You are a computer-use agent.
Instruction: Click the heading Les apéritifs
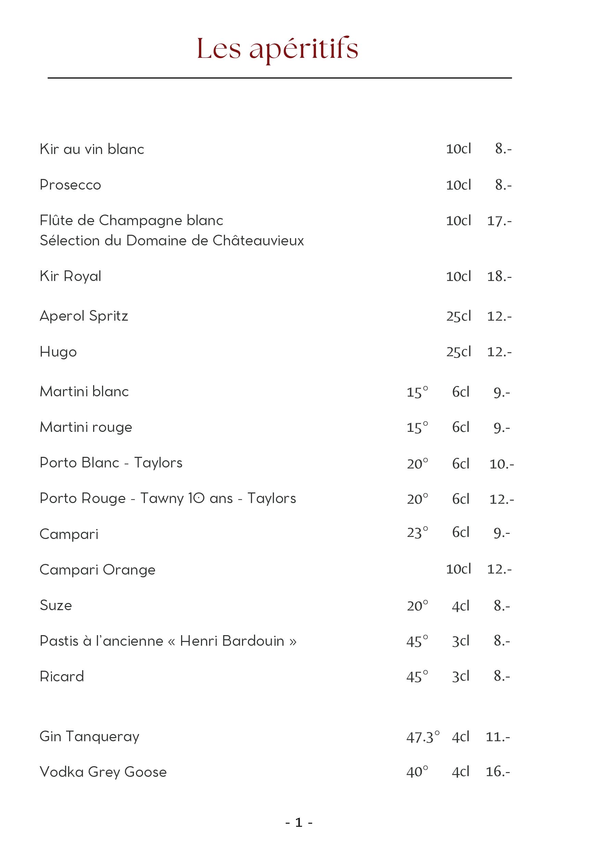[277, 49]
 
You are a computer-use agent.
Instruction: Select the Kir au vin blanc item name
[92, 149]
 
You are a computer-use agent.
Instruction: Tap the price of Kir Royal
[499, 276]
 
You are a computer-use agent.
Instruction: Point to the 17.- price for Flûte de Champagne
[499, 221]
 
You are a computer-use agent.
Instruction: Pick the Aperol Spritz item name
[84, 316]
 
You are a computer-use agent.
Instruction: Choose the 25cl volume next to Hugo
[459, 352]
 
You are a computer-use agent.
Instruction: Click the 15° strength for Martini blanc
[417, 391]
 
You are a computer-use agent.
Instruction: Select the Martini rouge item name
[86, 427]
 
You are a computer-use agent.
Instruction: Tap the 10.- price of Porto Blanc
[501, 464]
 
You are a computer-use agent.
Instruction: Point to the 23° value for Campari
[417, 533]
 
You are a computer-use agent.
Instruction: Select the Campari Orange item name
[97, 570]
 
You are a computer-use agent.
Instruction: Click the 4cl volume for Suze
[460, 606]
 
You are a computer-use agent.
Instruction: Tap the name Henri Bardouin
[232, 641]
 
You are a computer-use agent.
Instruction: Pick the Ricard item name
[62, 677]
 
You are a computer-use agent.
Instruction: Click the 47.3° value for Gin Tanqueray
[423, 737]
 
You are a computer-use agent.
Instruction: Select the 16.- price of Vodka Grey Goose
[498, 772]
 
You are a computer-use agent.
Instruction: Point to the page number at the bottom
[299, 822]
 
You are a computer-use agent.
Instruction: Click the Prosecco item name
[70, 185]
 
